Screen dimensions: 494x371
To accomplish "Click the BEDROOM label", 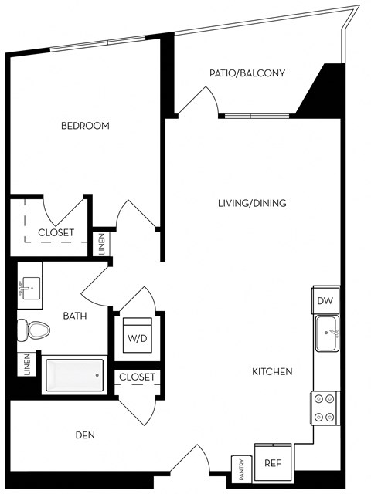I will pos(85,125).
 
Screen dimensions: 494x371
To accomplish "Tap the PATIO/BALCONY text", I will pos(247,73).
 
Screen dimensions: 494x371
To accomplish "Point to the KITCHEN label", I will pos(272,371).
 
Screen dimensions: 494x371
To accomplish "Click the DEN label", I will pos(85,435).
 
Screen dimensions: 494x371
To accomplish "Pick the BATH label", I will pos(75,315).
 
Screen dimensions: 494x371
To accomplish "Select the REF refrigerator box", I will pos(273,463).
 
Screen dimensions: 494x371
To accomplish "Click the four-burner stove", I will pos(325,408).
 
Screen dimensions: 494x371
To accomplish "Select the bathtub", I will pos(73,376).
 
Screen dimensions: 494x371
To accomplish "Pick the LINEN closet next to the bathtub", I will pos(26,365).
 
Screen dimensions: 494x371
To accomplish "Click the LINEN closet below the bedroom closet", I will pos(102,244).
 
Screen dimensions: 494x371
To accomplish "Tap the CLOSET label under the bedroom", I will pos(56,232).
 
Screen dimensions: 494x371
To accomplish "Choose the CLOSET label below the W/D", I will pos(138,377).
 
